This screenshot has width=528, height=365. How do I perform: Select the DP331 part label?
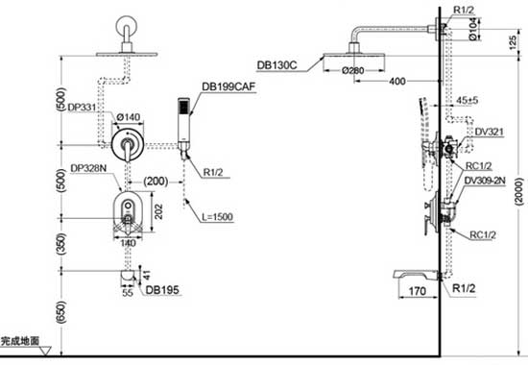pyautogui.click(x=84, y=108)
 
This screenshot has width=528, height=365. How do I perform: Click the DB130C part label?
pyautogui.click(x=277, y=65)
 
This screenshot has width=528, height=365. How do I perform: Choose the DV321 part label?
pyautogui.click(x=490, y=132)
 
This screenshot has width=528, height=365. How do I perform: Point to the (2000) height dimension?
pyautogui.click(x=516, y=182)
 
